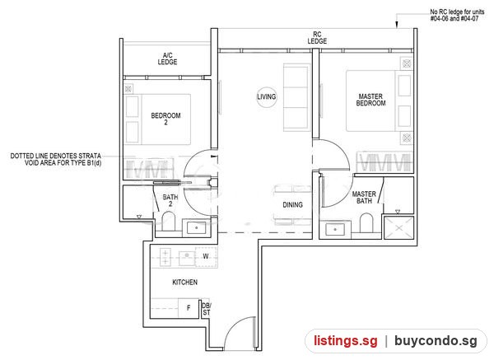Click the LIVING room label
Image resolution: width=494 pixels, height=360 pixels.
[x=267, y=96]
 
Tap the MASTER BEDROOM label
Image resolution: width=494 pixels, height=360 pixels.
[x=370, y=100]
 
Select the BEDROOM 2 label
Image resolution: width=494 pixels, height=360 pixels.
[x=165, y=119]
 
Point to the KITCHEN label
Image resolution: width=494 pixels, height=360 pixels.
[x=185, y=282]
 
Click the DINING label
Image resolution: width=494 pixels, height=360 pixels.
[x=292, y=205]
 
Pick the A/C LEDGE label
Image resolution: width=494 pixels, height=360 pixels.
[x=167, y=59]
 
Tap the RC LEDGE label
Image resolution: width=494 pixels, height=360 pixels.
[x=317, y=38]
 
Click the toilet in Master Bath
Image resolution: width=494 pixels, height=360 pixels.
[x=366, y=223]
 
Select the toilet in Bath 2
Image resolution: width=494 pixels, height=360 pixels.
[x=168, y=222]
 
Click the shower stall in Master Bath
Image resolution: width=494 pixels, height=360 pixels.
[x=398, y=227]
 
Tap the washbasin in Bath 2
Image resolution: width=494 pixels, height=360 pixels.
[x=196, y=227]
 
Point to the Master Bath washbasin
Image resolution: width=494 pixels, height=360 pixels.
[x=335, y=229]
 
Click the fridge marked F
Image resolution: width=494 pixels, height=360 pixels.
[x=189, y=307]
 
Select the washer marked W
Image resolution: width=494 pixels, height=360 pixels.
[x=206, y=256]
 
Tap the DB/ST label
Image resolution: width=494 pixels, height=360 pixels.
[x=207, y=309]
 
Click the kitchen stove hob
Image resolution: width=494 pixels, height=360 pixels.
[x=165, y=257]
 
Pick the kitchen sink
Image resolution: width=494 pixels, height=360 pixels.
[x=187, y=258]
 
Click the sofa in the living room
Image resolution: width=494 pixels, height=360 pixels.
[x=296, y=96]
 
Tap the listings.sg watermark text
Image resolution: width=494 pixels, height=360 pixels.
[x=345, y=341]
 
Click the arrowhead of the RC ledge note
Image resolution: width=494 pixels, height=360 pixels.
[x=397, y=25]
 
